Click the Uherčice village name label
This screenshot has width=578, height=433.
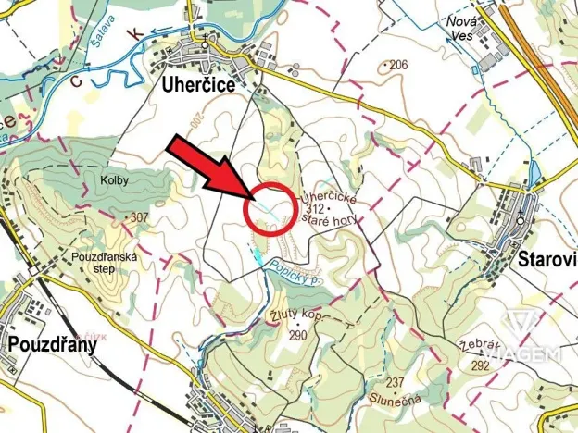pyautogui.click(x=200, y=85)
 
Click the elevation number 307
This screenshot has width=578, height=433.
pyautogui.click(x=140, y=217)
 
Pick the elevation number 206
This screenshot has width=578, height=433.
pyautogui.click(x=399, y=65)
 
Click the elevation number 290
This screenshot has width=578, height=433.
pyautogui.click(x=296, y=333)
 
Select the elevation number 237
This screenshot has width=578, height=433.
pyautogui.click(x=396, y=382)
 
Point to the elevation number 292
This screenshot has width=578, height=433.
pyautogui.click(x=480, y=365)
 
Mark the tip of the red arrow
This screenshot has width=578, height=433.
pyautogui.click(x=258, y=198)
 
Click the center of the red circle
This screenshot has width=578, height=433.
pyautogui.click(x=270, y=210)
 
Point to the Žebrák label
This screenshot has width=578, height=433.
pyautogui.click(x=477, y=349)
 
